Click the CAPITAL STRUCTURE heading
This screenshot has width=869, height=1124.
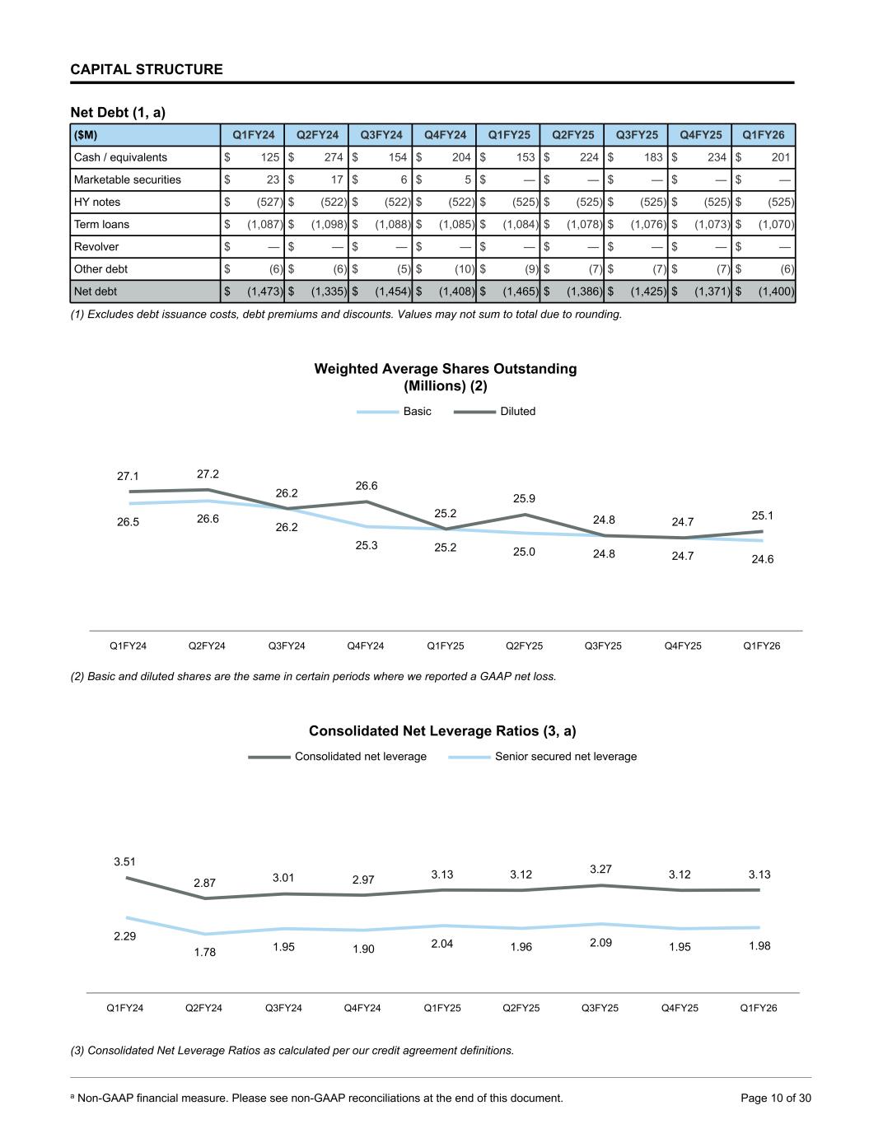pyautogui.click(x=147, y=69)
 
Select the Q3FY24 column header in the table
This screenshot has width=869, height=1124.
pyautogui.click(x=381, y=135)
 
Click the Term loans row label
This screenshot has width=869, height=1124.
pyautogui.click(x=101, y=224)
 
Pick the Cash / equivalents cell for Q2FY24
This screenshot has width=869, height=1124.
pyautogui.click(x=317, y=157)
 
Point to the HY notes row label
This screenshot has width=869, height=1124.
pyautogui.click(x=97, y=202)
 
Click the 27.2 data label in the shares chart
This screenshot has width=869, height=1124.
pyautogui.click(x=208, y=474)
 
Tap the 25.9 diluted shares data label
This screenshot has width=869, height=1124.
pyautogui.click(x=524, y=498)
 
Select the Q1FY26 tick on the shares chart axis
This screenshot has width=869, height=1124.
pyautogui.click(x=761, y=646)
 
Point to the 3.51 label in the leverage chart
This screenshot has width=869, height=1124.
pyautogui.click(x=124, y=861)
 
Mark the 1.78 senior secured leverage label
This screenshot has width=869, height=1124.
pyautogui.click(x=204, y=952)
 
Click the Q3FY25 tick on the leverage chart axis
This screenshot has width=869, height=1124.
pyautogui.click(x=600, y=1008)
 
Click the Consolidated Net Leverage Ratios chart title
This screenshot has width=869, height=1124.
pyautogui.click(x=442, y=731)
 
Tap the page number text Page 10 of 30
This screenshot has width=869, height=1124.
pyautogui.click(x=776, y=1098)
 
